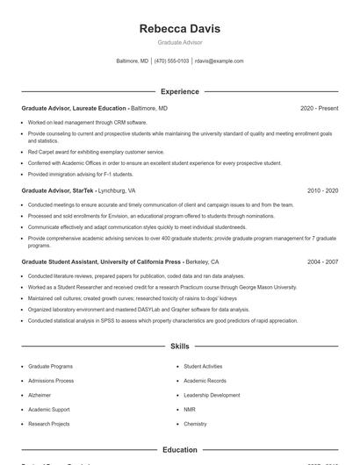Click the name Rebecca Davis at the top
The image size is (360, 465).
point(179,29)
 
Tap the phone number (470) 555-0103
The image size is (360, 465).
point(172,61)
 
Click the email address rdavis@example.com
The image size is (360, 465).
point(219,61)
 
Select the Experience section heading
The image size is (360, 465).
point(179,91)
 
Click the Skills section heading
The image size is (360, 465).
point(179,347)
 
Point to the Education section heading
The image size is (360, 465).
point(179,450)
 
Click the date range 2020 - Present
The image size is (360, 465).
point(319,108)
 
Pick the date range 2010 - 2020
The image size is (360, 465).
point(322,190)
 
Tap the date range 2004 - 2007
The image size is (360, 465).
point(322,261)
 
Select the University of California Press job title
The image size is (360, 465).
point(101,261)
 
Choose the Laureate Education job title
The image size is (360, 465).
point(75,108)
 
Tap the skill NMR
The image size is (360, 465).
point(189,409)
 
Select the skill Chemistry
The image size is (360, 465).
point(195,424)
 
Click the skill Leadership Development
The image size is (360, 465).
point(212,395)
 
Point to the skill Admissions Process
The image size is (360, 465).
point(51,381)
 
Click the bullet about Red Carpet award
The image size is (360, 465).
point(83,152)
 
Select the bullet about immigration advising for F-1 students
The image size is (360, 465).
point(81,174)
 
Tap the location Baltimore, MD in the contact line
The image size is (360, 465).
point(132,61)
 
